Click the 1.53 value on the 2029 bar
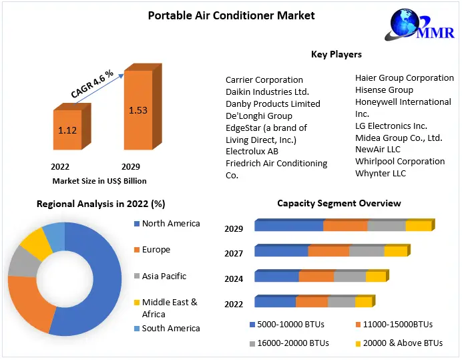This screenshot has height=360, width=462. [x=138, y=110]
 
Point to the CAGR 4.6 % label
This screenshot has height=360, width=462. [x=93, y=83]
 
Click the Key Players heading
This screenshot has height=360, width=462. [x=336, y=54]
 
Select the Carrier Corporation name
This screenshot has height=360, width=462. [x=264, y=79]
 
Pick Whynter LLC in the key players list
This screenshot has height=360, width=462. [x=380, y=173]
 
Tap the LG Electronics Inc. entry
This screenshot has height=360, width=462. [x=391, y=126]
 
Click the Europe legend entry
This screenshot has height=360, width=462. [x=156, y=250]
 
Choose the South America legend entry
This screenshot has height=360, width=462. [x=171, y=328]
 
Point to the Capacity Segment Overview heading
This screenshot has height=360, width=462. [x=339, y=203]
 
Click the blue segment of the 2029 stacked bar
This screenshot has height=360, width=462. [x=288, y=226]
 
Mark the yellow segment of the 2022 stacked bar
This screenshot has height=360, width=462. [x=363, y=303]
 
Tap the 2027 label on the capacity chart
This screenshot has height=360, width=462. [x=234, y=253]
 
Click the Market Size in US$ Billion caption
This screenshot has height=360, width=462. [x=99, y=180]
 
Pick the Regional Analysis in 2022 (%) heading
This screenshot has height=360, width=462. [x=101, y=203]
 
